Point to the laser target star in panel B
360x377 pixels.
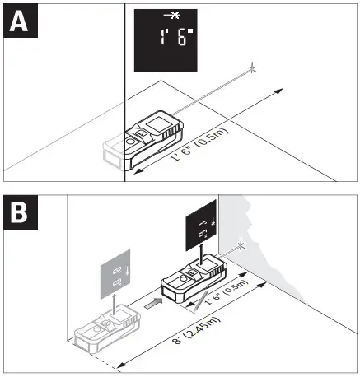(241, 244)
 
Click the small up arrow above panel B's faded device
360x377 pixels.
(113, 298)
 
